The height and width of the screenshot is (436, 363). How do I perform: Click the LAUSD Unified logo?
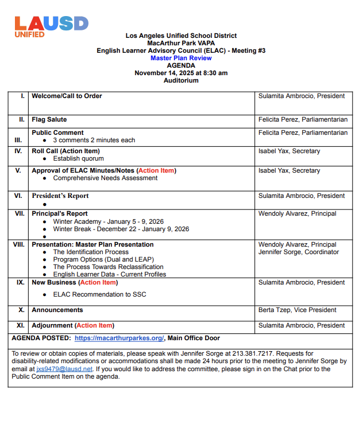51,26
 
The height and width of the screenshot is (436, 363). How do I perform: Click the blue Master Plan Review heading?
181,58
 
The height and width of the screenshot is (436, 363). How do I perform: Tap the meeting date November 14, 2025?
181,73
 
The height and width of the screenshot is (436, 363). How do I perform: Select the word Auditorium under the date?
181,80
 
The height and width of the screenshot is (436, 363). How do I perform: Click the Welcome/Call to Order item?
67,96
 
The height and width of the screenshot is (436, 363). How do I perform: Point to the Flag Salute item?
49,119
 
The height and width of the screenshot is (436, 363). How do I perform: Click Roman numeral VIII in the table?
19,244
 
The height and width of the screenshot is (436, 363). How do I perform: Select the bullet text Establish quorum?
79,158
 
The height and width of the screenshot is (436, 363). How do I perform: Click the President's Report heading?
60,196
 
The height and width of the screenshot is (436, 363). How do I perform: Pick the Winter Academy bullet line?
109,221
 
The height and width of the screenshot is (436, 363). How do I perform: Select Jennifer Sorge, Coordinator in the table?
297,252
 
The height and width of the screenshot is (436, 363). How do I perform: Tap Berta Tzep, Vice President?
297,310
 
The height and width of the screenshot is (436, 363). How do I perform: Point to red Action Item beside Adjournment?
95,325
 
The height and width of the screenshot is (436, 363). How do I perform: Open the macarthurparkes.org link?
119,338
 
